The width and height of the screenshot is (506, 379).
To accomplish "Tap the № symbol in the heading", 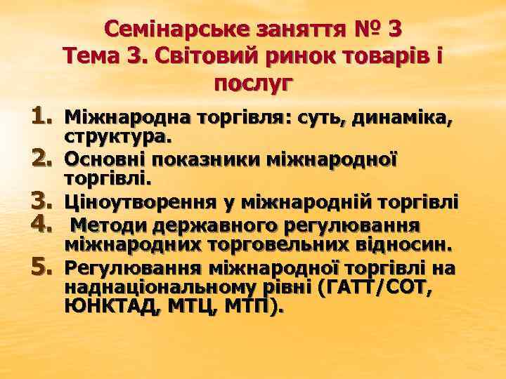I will (x=362, y=30).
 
